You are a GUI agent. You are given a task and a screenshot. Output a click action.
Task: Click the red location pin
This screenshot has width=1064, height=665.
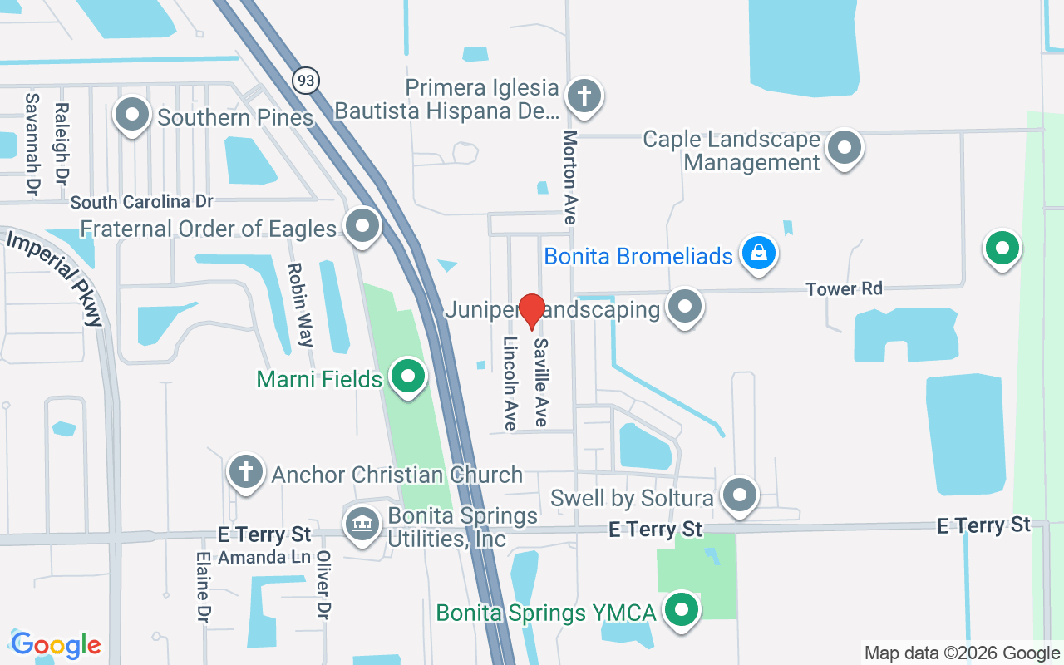pos(531,311)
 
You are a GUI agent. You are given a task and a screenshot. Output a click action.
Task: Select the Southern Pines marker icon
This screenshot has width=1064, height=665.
pos(131,116)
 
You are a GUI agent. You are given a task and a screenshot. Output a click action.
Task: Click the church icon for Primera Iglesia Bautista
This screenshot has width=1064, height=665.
pos(584,95)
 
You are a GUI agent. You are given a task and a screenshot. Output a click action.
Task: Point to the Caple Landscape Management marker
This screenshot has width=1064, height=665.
pos(845,148)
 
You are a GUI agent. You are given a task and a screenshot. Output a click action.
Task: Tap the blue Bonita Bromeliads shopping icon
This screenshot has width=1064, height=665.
pos(758,253)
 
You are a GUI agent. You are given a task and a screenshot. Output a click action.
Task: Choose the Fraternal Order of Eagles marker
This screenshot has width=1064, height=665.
pos(362,226)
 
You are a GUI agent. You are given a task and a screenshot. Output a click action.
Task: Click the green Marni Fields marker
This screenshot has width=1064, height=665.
pos(407,377)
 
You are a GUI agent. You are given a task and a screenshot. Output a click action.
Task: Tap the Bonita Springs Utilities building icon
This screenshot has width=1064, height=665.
pos(362,526)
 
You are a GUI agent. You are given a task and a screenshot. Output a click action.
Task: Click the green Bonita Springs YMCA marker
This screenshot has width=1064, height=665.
pos(682,611)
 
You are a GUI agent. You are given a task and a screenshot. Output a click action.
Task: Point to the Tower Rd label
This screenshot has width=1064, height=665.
pos(844,289)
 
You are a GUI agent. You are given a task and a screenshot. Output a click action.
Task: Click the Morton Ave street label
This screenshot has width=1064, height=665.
pos(569,177)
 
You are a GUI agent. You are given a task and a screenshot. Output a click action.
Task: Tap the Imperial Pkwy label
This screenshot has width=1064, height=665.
pos(54,278)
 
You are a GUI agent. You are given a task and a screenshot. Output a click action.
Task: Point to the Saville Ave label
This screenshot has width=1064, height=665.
pos(541,382)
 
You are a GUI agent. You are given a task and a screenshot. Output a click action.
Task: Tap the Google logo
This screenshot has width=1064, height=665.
pos(56,645)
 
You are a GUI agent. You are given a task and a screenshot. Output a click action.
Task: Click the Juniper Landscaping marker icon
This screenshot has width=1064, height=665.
pos(685,307)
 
